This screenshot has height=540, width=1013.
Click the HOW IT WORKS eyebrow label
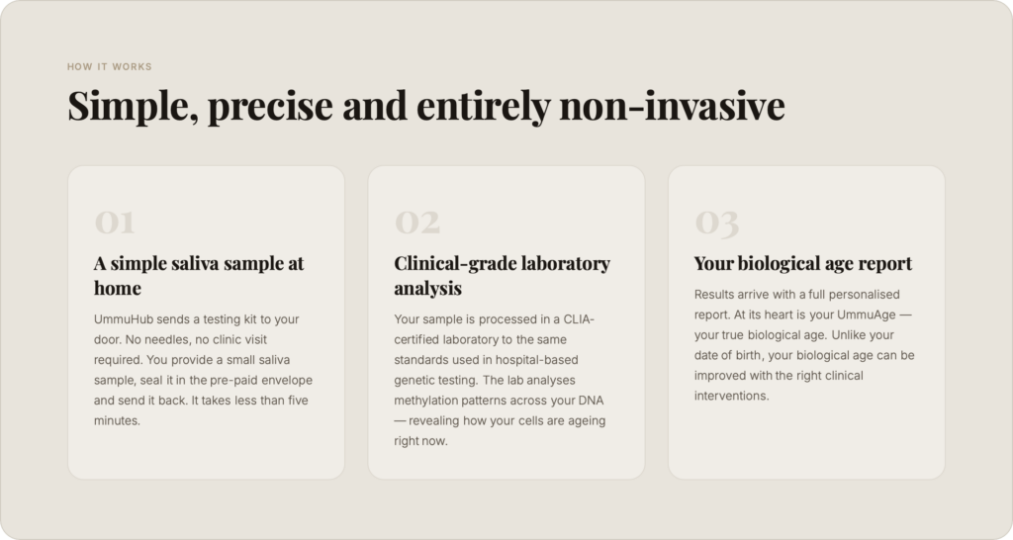click(109, 66)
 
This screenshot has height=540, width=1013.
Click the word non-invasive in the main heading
click(672, 105)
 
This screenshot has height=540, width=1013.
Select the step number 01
click(115, 223)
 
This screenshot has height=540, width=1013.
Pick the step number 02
click(417, 223)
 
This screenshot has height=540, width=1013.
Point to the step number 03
click(716, 224)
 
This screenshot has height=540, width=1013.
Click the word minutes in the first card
click(117, 420)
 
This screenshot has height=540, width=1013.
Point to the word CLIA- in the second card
click(579, 319)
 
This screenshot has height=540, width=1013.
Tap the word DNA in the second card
click(592, 401)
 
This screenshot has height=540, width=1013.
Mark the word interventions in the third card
click(731, 396)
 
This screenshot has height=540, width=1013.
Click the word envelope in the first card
click(287, 381)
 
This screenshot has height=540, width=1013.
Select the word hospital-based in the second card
click(537, 360)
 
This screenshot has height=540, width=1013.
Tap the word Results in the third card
click(714, 295)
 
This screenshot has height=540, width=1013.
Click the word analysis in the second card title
click(427, 289)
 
